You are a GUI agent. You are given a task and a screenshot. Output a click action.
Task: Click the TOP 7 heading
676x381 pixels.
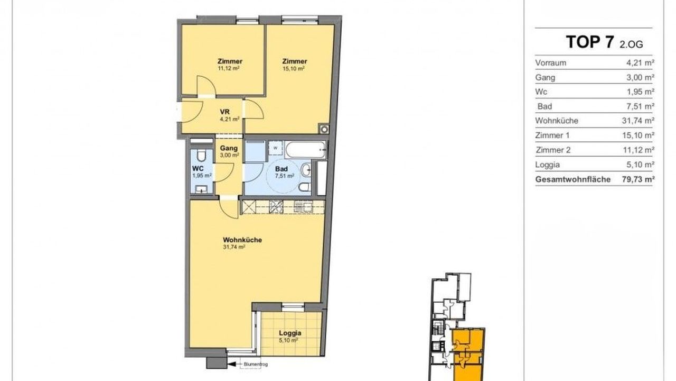point(590,42)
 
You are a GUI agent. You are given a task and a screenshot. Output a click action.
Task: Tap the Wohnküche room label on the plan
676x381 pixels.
point(242,240)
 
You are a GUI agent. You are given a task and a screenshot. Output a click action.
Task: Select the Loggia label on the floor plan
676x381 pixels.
point(290,333)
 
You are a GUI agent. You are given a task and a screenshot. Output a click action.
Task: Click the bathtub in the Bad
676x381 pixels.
point(306,150)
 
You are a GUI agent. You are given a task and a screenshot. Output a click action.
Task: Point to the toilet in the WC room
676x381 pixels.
point(201,155)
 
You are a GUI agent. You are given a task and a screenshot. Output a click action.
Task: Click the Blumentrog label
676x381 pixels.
point(252,365)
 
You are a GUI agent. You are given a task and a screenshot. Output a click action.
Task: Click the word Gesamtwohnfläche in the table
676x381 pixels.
point(573,179)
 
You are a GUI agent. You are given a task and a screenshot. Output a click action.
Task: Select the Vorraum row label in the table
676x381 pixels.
point(551,63)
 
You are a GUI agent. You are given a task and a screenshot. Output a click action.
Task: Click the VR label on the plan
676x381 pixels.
point(225,112)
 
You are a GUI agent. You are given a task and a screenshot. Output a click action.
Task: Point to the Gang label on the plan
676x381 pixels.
point(229,148)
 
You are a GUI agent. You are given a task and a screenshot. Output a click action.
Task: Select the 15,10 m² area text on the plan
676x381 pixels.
point(293,68)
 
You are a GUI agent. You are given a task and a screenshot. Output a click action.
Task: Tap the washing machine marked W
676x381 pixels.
point(275,148)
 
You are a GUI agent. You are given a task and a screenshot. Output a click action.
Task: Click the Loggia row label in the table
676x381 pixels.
point(548,165)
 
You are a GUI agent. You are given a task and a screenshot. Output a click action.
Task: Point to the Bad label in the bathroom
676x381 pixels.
point(281,169)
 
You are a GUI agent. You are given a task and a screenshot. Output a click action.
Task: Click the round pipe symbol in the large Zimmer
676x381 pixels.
point(324,130)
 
